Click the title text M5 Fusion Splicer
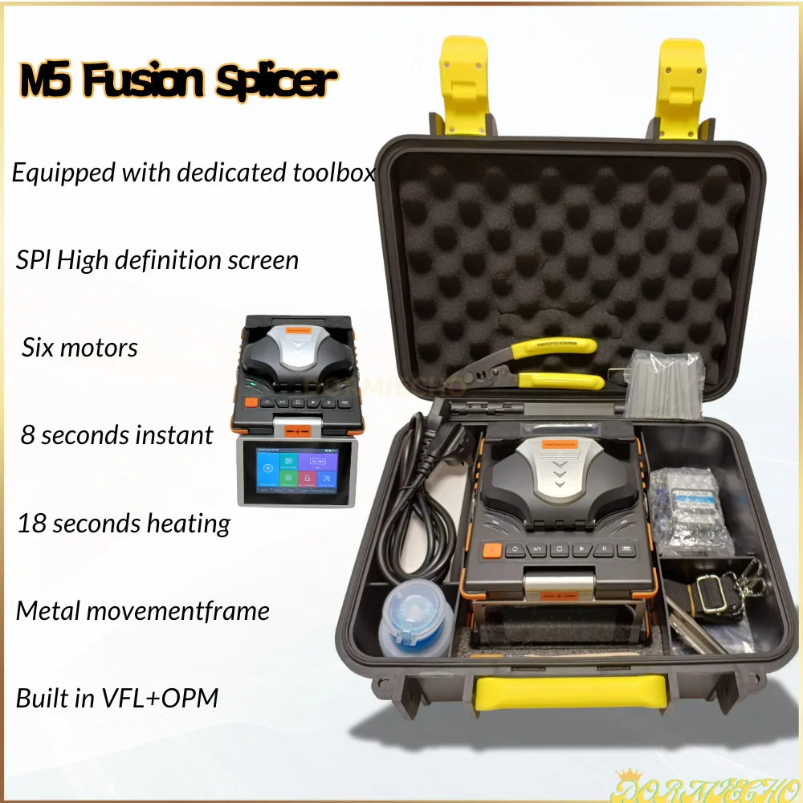click(176, 83)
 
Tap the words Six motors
click(79, 348)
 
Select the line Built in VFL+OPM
click(117, 698)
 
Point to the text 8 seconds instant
click(117, 435)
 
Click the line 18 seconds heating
click(124, 524)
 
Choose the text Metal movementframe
click(143, 611)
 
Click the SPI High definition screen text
click(157, 260)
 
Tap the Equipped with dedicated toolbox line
click(194, 173)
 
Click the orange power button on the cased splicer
click(490, 551)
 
